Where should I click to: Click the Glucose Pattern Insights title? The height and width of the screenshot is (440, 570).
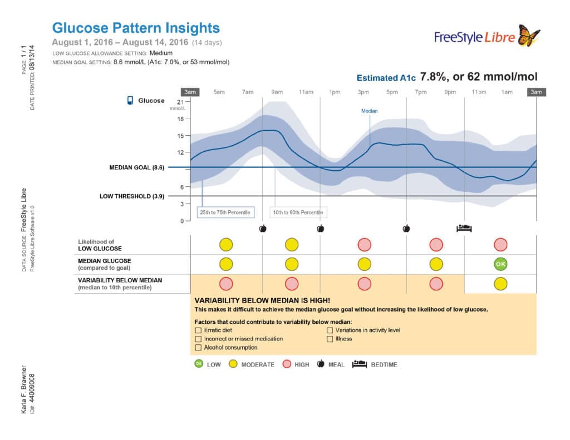pos(135,28)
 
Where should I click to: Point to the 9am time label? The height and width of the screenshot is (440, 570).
pos(277,92)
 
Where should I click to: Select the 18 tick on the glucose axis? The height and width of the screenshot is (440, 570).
pos(180,118)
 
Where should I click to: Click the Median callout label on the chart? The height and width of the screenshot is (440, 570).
pos(369,111)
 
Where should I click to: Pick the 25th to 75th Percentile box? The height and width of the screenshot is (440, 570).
pos(225,212)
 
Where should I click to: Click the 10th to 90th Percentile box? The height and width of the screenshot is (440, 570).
pos(298,212)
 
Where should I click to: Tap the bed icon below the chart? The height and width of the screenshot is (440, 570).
pos(464,228)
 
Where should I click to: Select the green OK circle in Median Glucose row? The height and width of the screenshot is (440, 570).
pos(500,264)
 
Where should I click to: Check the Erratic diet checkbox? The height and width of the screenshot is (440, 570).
pos(198,330)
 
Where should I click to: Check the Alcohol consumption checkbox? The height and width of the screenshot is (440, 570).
pos(198,348)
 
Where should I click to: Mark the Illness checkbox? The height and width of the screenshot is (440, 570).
pos(330,339)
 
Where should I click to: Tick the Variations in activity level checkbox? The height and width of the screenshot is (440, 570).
pos(330,330)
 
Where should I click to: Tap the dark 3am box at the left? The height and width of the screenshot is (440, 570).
pos(190,92)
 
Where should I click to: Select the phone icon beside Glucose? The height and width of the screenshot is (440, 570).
pos(130,101)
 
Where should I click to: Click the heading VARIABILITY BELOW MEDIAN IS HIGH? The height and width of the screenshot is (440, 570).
pos(266,300)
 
